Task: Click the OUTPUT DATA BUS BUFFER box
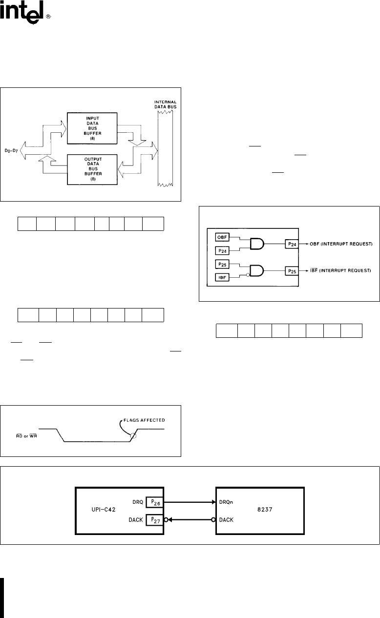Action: point(90,168)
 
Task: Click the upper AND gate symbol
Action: point(257,244)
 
